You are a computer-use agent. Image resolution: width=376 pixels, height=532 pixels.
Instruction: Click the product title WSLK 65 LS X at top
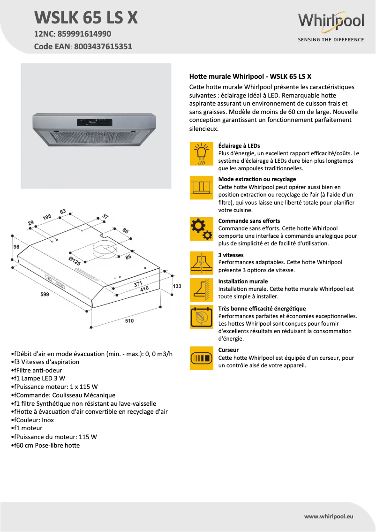(x=86, y=17)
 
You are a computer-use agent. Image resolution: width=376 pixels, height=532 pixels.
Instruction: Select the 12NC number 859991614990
(x=84, y=34)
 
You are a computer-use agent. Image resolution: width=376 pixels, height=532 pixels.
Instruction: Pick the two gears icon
(x=202, y=229)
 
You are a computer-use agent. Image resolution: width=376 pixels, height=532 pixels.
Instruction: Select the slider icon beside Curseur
(x=202, y=358)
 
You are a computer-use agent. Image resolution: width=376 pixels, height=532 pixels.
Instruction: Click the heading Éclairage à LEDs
(x=239, y=146)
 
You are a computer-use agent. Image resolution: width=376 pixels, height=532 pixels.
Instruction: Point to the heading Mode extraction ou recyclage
(x=257, y=179)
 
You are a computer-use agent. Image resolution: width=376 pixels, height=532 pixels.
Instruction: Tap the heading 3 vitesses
(x=231, y=255)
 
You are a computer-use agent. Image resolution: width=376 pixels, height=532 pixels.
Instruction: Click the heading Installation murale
(x=243, y=281)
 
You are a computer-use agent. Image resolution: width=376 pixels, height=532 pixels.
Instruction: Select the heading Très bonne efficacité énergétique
(x=262, y=308)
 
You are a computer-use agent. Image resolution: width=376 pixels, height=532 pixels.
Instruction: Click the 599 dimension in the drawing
(x=45, y=294)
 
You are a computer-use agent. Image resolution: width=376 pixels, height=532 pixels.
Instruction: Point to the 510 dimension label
(x=129, y=321)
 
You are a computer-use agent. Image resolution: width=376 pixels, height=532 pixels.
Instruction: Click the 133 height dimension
(x=177, y=286)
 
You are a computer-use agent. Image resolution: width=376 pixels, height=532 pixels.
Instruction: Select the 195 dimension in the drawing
(x=47, y=217)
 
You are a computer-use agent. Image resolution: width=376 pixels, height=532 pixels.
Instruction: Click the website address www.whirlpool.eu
(x=328, y=516)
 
